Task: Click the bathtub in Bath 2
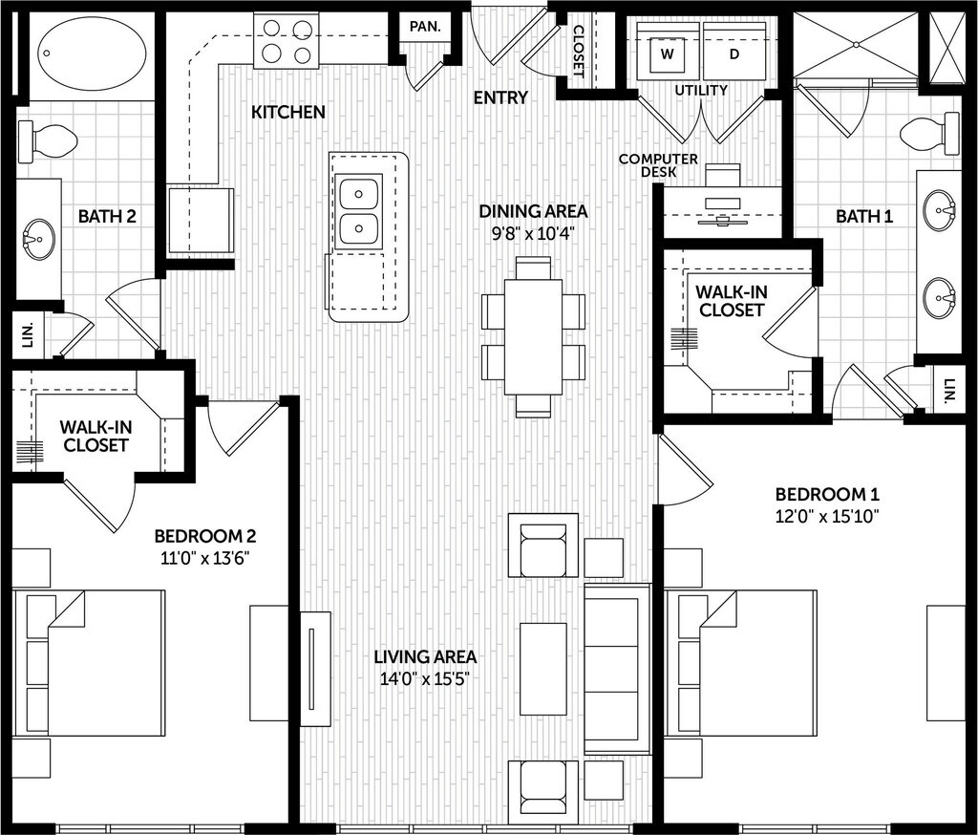click(93, 54)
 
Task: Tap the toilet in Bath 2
click(48, 141)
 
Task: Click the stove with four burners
click(287, 41)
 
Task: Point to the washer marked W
click(668, 54)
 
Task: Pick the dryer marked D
click(734, 54)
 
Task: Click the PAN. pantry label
click(425, 27)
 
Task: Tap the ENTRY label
click(500, 97)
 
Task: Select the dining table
click(533, 337)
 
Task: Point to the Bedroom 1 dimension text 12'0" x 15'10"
click(827, 516)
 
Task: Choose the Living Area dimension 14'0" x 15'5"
click(425, 678)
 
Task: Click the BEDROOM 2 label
click(205, 536)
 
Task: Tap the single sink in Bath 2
click(38, 239)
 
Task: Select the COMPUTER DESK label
click(658, 165)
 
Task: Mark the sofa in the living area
click(618, 669)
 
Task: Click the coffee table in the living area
click(543, 669)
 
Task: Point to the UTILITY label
click(701, 91)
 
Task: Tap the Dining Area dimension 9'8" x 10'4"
click(533, 234)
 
